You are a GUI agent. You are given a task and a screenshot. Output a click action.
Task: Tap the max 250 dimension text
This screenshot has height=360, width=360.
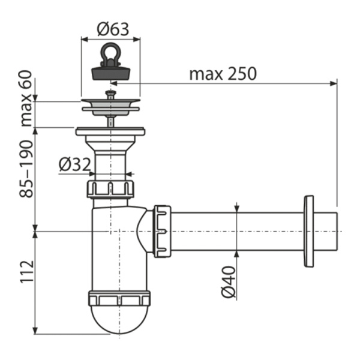point(223,73)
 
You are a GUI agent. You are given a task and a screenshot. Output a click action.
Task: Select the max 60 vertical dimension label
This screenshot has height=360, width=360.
point(26,102)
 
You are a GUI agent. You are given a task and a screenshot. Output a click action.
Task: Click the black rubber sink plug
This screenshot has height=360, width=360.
point(110,71)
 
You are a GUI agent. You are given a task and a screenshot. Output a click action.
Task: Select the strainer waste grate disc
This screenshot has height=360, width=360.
point(110,104)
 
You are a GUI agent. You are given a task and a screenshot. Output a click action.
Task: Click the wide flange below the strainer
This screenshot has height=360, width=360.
point(110,131)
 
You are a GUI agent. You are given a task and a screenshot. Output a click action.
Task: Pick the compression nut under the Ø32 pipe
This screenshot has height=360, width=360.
point(110,188)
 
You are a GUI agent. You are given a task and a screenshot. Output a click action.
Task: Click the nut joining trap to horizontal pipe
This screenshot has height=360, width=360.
point(162,231)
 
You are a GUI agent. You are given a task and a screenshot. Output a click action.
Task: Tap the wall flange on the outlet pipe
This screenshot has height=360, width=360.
point(309,231)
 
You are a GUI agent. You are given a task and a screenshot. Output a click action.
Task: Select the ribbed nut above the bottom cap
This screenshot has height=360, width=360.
point(119,298)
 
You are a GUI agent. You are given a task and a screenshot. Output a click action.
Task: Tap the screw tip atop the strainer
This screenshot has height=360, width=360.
point(110,93)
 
